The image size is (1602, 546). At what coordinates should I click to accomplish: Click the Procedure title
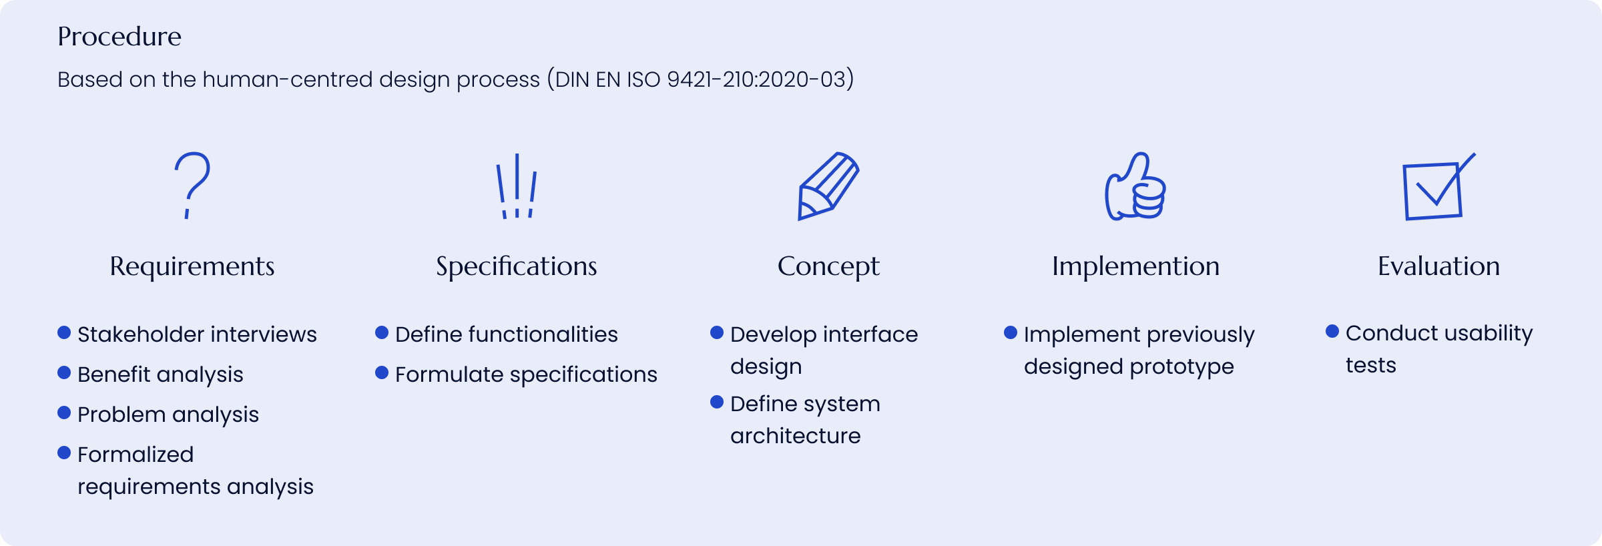click(x=119, y=37)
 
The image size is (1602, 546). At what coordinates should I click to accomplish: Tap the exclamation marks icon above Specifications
click(x=517, y=186)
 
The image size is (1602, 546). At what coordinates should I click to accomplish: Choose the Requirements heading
click(x=192, y=267)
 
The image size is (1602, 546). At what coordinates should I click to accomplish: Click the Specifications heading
click(x=517, y=267)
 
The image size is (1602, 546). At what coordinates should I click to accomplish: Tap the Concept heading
click(x=828, y=267)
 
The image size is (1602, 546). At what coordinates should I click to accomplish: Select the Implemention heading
click(x=1136, y=267)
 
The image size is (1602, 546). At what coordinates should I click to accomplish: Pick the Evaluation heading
click(x=1439, y=266)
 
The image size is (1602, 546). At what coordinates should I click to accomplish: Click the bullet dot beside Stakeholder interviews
click(x=64, y=332)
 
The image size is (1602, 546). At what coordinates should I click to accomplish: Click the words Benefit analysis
click(x=160, y=375)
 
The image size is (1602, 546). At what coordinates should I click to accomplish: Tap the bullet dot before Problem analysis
click(x=64, y=413)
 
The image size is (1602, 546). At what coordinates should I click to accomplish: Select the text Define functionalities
click(x=507, y=334)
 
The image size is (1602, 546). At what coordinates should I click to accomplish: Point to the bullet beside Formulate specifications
click(x=382, y=372)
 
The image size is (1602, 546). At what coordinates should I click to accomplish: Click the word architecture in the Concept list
click(x=796, y=437)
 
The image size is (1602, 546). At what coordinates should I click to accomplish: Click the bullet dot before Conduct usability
click(x=1332, y=331)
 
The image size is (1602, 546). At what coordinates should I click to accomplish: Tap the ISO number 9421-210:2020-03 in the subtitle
click(x=757, y=79)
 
